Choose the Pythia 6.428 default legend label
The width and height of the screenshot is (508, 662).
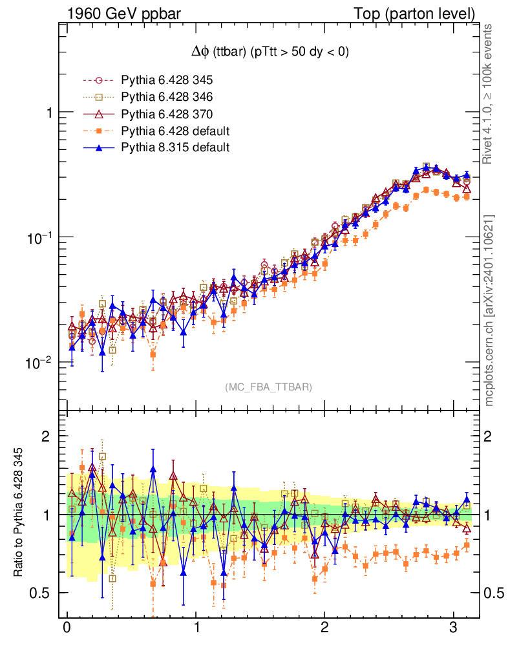click(x=175, y=131)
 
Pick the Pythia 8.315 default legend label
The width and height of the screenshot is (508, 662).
click(x=175, y=148)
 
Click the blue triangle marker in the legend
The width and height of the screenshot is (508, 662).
click(x=99, y=148)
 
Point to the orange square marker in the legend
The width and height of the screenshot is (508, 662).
click(x=99, y=131)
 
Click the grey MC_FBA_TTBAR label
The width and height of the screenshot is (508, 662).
click(x=269, y=387)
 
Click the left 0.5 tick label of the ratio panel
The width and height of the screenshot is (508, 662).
click(x=43, y=593)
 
